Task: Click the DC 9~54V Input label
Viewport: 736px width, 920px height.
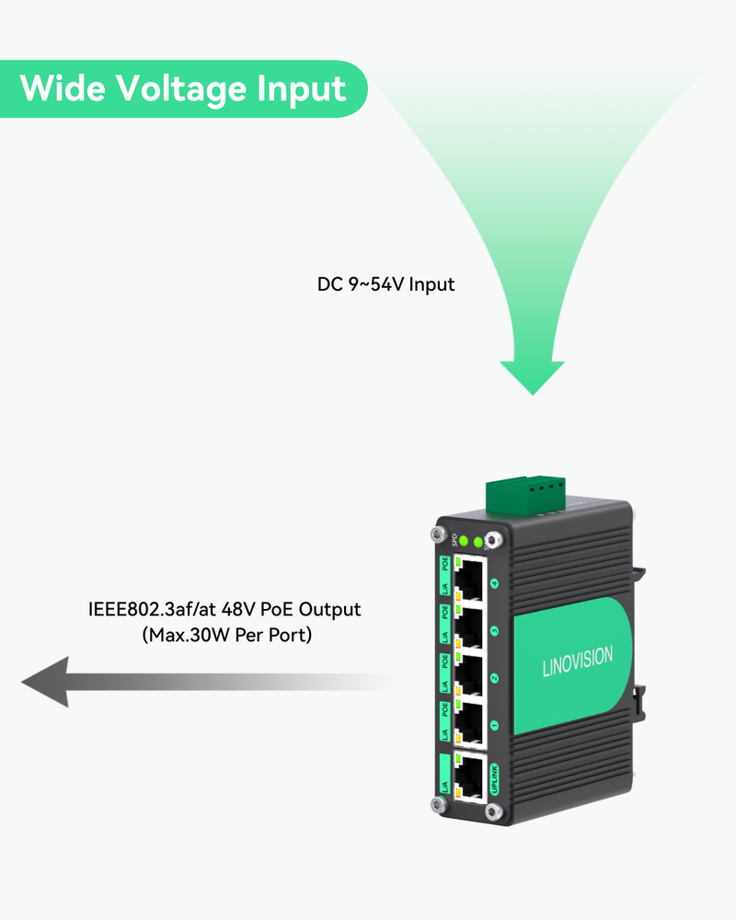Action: (386, 284)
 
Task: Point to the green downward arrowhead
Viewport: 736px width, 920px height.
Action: (532, 375)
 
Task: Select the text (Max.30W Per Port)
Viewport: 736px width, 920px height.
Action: (226, 635)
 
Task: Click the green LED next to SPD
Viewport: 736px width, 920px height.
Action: (465, 541)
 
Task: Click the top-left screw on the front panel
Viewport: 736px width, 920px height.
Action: (437, 534)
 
